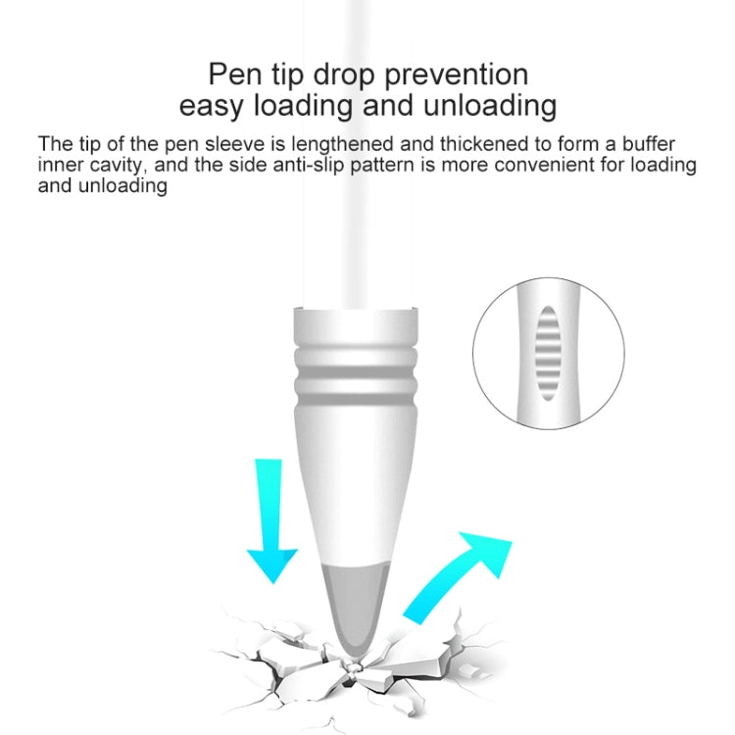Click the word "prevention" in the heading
456,75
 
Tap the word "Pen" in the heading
235,74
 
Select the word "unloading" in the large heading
490,106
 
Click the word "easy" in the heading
212,108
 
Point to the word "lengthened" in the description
342,143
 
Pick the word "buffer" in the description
649,143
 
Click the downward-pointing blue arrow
271,520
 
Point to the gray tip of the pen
356,610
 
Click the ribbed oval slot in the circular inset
548,354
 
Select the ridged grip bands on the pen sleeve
356,375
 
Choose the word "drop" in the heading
344,75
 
